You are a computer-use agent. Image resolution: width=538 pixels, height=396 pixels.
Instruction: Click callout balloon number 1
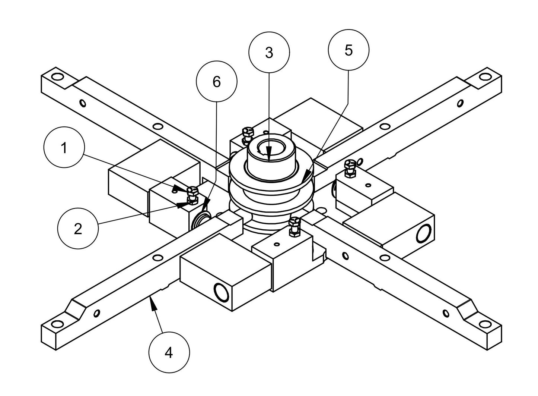pyautogui.click(x=64, y=148)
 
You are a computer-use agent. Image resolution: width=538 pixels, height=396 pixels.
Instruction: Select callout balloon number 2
pyautogui.click(x=78, y=229)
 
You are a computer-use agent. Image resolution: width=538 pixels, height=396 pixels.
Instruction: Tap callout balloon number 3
pyautogui.click(x=269, y=53)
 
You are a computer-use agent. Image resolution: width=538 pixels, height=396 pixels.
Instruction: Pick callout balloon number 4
pyautogui.click(x=169, y=352)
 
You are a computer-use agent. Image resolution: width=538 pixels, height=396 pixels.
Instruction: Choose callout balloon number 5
pyautogui.click(x=348, y=50)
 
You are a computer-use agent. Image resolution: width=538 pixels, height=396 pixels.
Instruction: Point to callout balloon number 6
pyautogui.click(x=217, y=82)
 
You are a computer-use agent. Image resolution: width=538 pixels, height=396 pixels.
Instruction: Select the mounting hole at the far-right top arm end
pyautogui.click(x=484, y=76)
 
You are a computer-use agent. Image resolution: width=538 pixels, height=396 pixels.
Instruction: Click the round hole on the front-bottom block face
pyautogui.click(x=220, y=291)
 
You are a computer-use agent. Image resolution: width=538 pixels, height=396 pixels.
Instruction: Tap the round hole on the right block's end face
pyautogui.click(x=423, y=234)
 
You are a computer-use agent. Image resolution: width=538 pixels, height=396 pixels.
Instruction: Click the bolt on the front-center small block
pyautogui.click(x=294, y=224)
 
